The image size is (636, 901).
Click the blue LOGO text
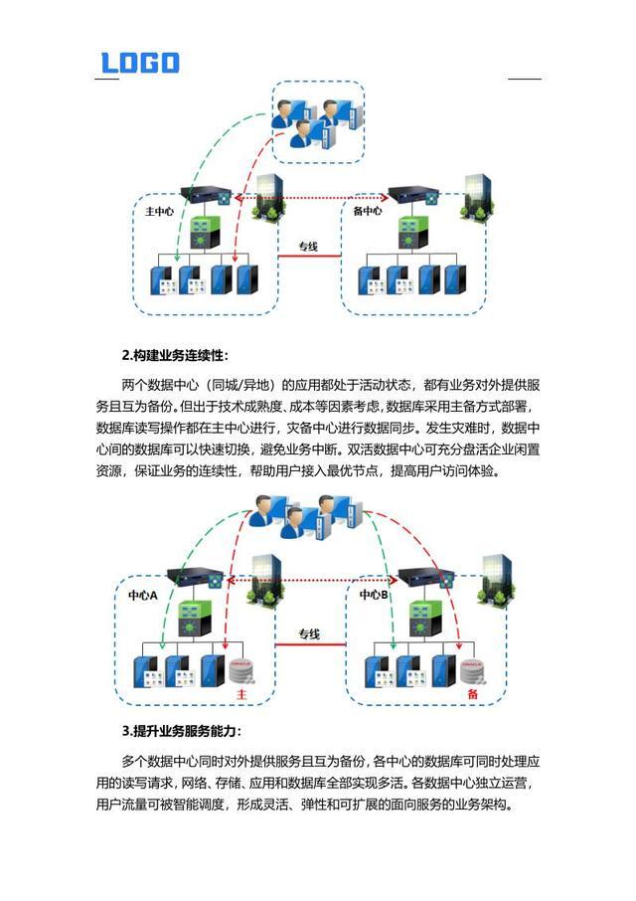click(x=139, y=63)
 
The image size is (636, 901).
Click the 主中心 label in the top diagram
click(x=160, y=212)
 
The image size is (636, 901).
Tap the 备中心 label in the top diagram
click(x=368, y=212)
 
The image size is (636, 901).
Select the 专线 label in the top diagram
click(x=308, y=246)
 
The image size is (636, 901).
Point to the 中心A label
click(x=143, y=594)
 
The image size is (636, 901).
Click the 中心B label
click(x=374, y=594)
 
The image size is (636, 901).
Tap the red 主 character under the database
click(x=239, y=693)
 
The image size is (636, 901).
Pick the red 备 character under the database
click(x=472, y=693)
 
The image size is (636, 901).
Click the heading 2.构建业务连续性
click(x=175, y=354)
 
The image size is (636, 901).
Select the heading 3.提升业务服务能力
click(x=181, y=732)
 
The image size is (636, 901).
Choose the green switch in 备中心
click(x=407, y=232)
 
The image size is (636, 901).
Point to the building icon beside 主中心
click(x=270, y=198)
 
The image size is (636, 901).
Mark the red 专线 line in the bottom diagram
click(x=309, y=646)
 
